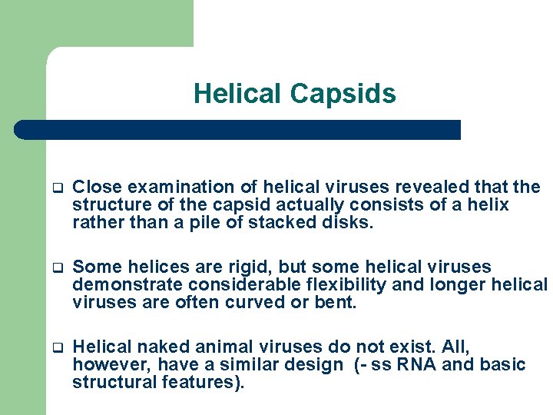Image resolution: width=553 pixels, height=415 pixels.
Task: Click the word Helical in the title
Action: [237, 94]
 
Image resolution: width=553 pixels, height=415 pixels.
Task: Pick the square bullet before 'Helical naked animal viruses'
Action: [56, 348]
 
